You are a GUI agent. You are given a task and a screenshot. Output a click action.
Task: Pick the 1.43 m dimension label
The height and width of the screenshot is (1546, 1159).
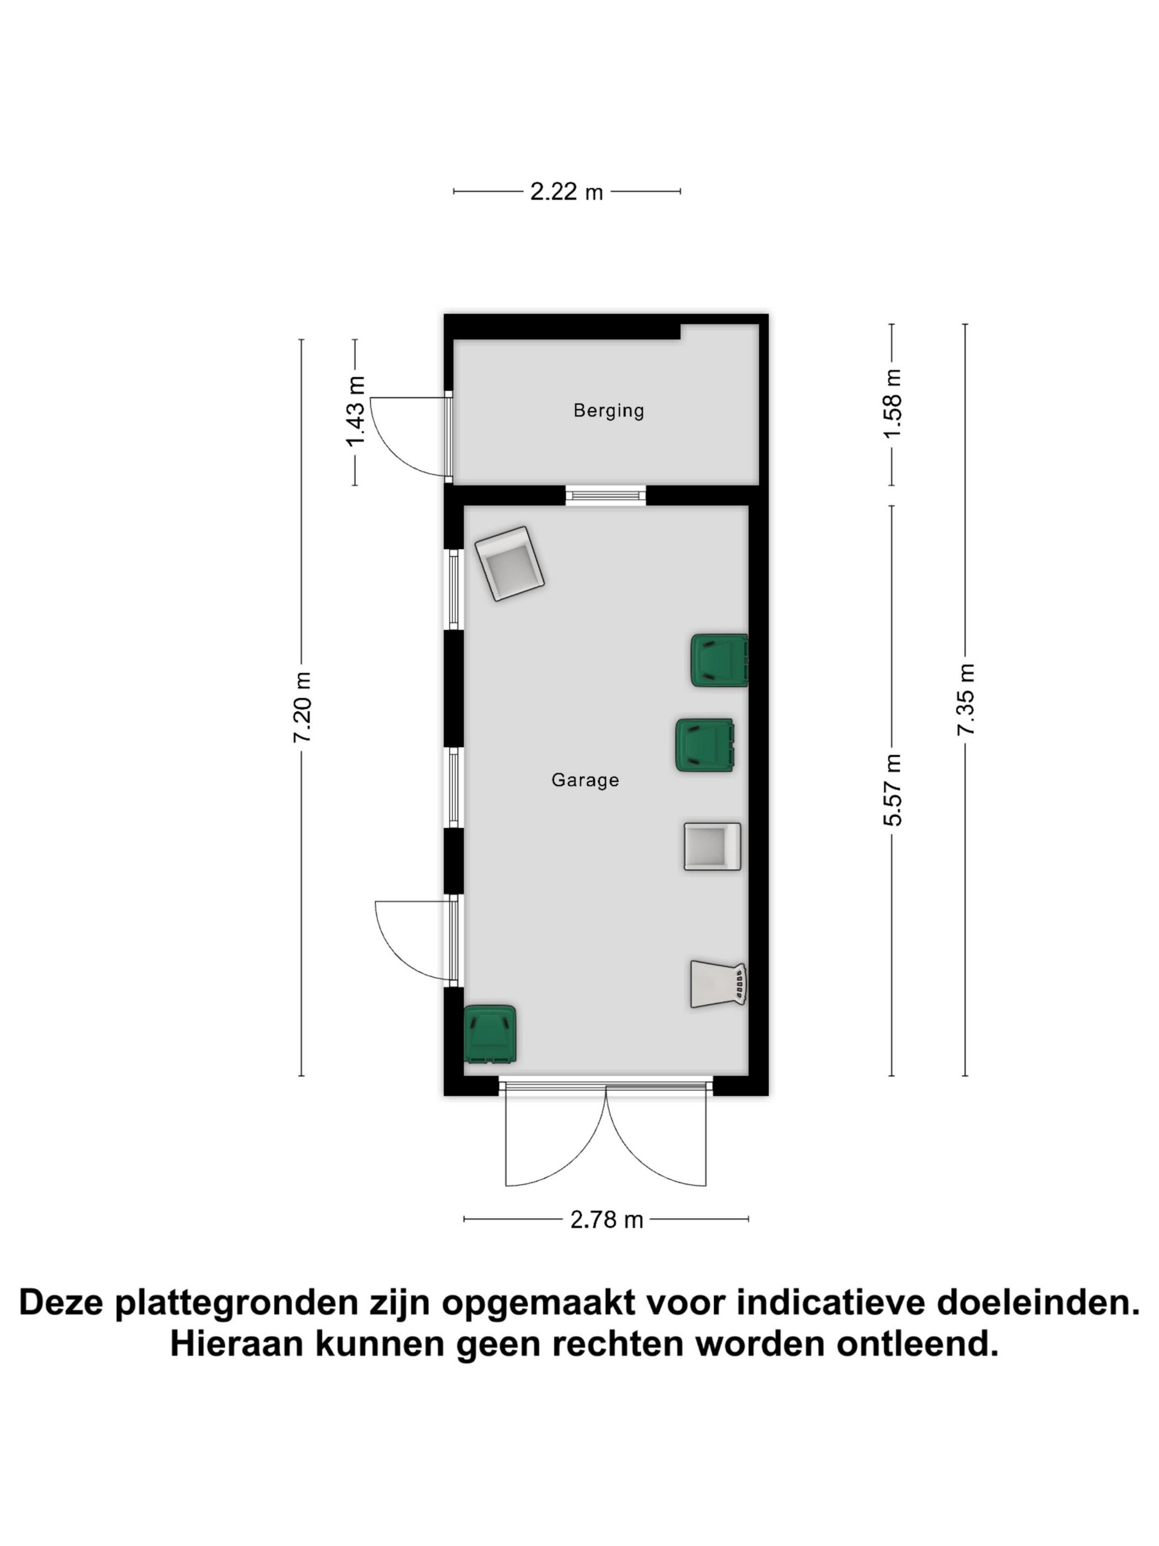coord(355,412)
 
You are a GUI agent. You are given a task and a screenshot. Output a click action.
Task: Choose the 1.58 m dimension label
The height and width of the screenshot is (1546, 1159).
coord(892,404)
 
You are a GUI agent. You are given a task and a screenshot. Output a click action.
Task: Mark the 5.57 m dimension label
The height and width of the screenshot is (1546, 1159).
coord(892,790)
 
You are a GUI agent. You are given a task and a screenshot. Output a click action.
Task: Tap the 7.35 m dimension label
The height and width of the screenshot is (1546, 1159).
coord(965,699)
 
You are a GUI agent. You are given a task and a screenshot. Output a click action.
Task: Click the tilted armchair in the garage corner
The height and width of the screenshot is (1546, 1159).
coord(509,563)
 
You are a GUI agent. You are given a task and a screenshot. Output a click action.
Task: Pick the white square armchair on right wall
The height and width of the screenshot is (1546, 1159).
coord(711,846)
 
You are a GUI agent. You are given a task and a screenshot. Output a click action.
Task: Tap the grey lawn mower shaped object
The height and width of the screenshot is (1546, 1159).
coord(717,984)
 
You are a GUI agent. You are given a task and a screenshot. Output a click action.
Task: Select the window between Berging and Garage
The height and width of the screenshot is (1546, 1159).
coord(605,495)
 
